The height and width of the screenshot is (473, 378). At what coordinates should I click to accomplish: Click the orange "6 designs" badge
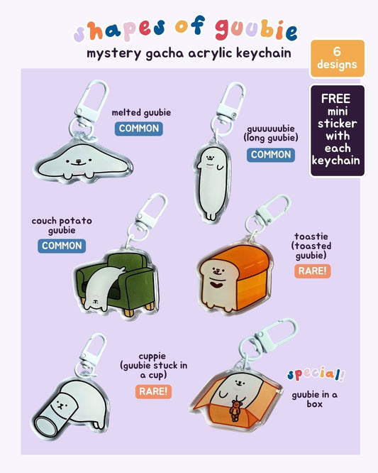(338, 58)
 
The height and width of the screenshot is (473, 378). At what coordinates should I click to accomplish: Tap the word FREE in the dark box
(336, 99)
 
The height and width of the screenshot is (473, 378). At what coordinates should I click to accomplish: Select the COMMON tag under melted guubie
(139, 129)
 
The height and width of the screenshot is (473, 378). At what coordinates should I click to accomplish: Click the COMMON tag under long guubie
(271, 155)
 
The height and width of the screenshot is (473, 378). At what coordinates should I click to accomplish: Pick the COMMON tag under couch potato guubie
(62, 246)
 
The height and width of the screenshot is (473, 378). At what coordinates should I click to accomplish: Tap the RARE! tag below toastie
(312, 271)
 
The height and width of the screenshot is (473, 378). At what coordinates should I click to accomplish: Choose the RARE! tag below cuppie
(153, 391)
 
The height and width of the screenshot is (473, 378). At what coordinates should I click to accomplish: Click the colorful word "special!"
(316, 374)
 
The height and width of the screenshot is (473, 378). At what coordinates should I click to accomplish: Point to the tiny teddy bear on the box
(235, 410)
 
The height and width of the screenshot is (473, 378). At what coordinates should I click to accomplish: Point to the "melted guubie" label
(141, 113)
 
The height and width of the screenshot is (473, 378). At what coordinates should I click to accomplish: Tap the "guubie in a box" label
(314, 399)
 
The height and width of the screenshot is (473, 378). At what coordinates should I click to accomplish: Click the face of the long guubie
(210, 158)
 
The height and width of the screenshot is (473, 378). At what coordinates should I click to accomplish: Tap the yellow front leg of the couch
(130, 312)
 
